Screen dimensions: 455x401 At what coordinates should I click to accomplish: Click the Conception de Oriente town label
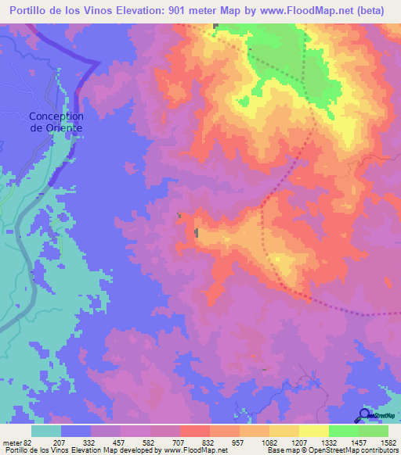click(56, 122)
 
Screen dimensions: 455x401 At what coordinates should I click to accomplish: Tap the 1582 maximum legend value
click(388, 442)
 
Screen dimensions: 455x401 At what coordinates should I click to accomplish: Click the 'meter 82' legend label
click(16, 442)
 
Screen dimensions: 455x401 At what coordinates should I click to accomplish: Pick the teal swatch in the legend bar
click(46, 431)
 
